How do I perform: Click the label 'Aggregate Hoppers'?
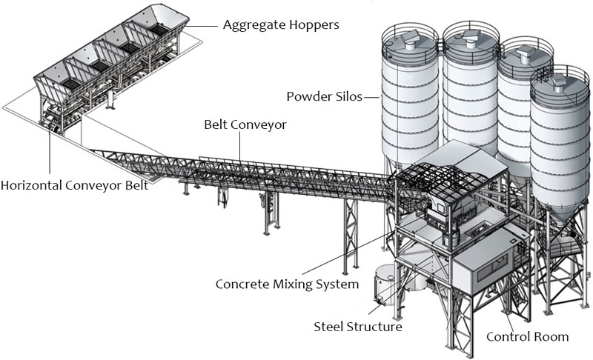[281, 25]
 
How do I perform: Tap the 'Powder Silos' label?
[323, 96]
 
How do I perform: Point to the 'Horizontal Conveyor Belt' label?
[74, 185]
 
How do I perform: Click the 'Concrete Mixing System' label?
[287, 284]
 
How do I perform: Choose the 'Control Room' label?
[527, 337]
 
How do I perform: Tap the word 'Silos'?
[348, 96]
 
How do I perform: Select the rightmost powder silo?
[560, 141]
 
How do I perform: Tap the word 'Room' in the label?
[551, 337]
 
